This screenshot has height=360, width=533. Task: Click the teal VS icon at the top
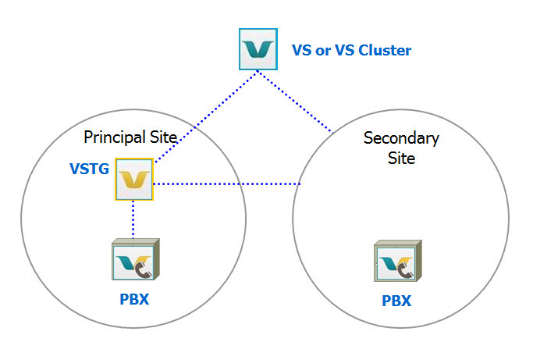pos(259,48)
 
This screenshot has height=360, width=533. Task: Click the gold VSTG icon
pos(133,180)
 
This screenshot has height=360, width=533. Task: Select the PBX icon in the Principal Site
pos(135,260)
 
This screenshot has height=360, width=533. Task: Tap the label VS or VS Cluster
pos(351,51)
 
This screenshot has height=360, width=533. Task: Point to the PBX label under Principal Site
pos(134,299)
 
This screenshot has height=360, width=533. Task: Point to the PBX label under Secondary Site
pos(396,301)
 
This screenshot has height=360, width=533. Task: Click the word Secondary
pos(401,138)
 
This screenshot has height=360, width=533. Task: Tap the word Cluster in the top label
pos(385,51)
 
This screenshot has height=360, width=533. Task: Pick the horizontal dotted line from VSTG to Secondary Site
pos(226,184)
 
